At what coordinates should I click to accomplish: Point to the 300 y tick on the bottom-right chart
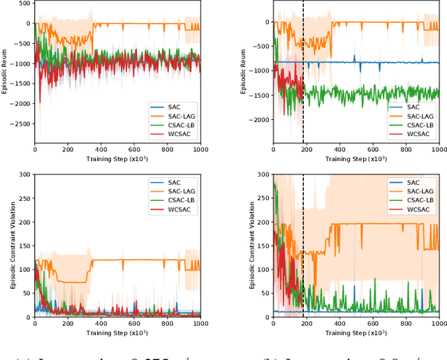[262, 174]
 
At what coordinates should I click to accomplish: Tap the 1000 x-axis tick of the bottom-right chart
[439, 324]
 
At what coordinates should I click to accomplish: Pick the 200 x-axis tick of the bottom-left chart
[68, 324]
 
